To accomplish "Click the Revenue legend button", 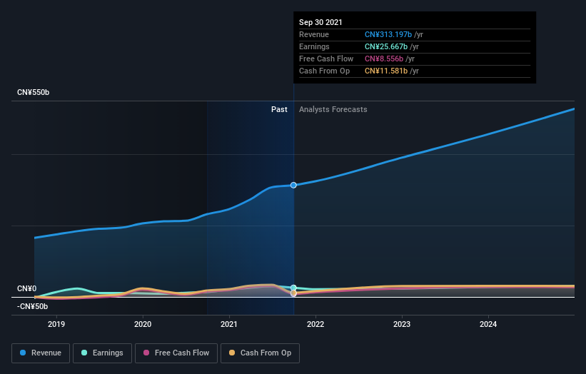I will [41, 353].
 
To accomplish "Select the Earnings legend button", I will [102, 353].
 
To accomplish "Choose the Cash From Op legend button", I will [260, 353].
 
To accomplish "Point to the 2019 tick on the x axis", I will [56, 324].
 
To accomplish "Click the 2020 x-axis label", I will [143, 324].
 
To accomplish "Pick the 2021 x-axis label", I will [229, 324].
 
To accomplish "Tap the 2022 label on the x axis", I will [315, 324].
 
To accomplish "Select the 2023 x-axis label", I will [402, 324].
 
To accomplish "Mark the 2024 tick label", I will [488, 324].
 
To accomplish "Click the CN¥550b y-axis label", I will [34, 93].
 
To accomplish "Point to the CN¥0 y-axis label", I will [27, 288].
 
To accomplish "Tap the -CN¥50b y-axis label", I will [32, 306].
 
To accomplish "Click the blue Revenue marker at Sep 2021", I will [293, 185].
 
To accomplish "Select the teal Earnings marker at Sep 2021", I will [293, 288].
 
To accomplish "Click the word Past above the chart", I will [279, 109].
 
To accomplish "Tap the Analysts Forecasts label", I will [333, 109].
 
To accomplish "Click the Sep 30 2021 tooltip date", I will [320, 22].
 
